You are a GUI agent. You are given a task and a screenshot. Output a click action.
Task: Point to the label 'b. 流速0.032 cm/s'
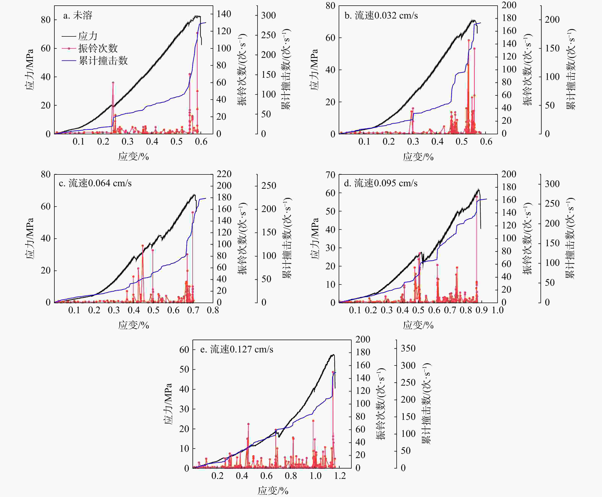381,15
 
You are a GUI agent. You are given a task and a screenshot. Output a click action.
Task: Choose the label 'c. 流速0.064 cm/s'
95,183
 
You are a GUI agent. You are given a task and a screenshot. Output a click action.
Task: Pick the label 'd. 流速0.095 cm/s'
381,183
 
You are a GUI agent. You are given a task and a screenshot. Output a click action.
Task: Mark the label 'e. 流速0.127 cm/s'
237,350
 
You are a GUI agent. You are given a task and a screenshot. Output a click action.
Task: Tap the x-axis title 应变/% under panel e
273,491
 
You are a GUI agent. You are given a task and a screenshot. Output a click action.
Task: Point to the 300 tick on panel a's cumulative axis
268,15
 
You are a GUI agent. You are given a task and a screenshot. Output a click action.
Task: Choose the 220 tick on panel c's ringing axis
224,174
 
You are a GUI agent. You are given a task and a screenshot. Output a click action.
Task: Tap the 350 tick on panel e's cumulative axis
408,348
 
